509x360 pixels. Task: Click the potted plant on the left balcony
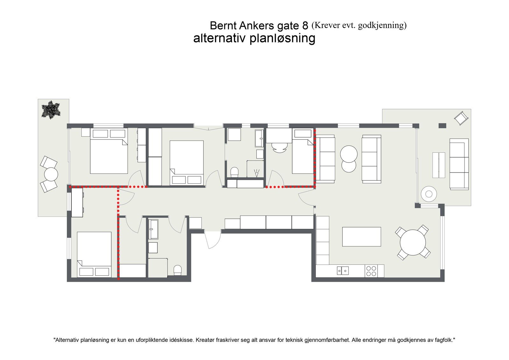pyautogui.click(x=51, y=110)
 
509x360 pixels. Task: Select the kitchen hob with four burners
pyautogui.click(x=371, y=271)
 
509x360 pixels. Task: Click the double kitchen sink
pyautogui.click(x=343, y=271)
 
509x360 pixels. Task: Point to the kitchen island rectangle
pyautogui.click(x=361, y=236)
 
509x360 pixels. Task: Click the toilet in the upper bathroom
pyautogui.click(x=234, y=172)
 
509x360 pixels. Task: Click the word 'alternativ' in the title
pyautogui.click(x=220, y=38)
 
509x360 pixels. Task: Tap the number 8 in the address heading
pyautogui.click(x=305, y=26)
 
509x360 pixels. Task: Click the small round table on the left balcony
pyautogui.click(x=51, y=174)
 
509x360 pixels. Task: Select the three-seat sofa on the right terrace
pyautogui.click(x=459, y=164)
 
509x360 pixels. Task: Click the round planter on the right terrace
pyautogui.click(x=429, y=194)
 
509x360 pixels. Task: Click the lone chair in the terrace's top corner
pyautogui.click(x=461, y=118)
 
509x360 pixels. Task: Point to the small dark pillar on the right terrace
pyautogui.click(x=442, y=125)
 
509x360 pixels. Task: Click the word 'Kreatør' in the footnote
pyautogui.click(x=205, y=340)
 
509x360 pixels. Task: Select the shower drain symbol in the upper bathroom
pyautogui.click(x=256, y=173)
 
